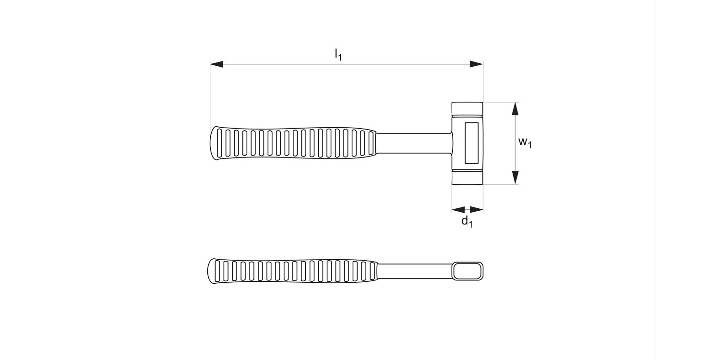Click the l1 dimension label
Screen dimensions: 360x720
338,54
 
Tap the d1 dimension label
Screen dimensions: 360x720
467,221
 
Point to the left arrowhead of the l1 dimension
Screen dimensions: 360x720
216,64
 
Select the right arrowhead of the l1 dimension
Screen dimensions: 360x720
477,64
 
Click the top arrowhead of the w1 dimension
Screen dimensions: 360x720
515,108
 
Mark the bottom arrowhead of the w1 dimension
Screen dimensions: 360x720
515,178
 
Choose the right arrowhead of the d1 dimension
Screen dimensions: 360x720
477,209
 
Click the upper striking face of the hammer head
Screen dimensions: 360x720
467,108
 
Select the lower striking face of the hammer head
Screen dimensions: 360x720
467,177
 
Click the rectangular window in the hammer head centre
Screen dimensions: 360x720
471,143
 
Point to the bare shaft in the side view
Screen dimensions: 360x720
413,143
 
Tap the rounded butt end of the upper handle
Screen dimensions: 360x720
213,143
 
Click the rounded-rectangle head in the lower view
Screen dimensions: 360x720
467,271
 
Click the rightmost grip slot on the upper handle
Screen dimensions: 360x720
371,144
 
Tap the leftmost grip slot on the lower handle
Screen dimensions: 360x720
217,271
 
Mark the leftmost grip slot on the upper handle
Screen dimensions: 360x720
220,143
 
